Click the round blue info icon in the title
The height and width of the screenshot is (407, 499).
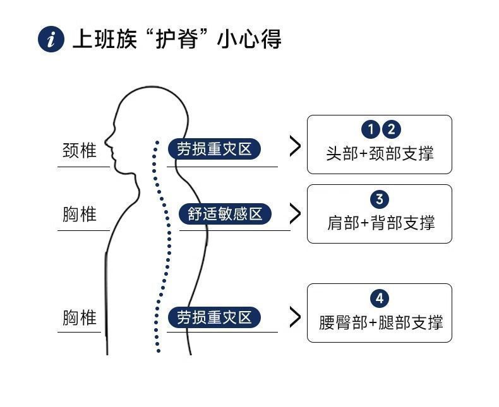click(51, 39)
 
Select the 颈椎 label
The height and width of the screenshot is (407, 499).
click(80, 151)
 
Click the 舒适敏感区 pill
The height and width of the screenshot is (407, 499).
click(225, 214)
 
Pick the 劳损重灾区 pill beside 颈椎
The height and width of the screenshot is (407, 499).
click(214, 149)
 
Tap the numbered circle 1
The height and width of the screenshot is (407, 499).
click(371, 129)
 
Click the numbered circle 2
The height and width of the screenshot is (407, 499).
click(391, 129)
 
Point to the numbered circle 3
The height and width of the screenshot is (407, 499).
click(379, 199)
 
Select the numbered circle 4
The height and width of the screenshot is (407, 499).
click(379, 298)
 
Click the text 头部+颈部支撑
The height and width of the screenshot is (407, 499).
click(380, 153)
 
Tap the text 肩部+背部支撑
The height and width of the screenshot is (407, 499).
click(380, 223)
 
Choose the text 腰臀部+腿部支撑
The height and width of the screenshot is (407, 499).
click(380, 322)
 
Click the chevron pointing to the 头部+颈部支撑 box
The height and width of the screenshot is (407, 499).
click(294, 146)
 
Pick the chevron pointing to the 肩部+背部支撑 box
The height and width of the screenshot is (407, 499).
click(294, 213)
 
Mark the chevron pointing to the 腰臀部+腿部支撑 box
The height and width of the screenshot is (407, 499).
click(294, 317)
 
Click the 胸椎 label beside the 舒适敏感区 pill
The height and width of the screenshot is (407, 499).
click(80, 215)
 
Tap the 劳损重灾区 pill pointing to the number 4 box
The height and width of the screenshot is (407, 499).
click(214, 317)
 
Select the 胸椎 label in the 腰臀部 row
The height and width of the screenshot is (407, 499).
click(80, 317)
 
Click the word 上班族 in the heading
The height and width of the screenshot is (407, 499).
click(103, 39)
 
